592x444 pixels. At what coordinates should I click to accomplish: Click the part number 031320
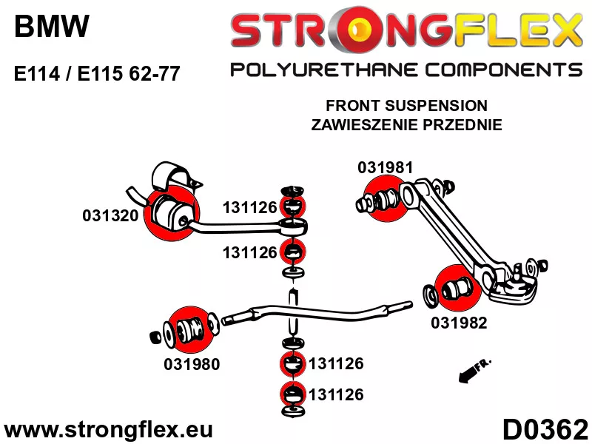pos(110,215)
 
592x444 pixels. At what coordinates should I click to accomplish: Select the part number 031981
pos(386,168)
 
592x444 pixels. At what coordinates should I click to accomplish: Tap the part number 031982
pos(459,323)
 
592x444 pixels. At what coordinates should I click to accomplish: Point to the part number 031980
pos(192,364)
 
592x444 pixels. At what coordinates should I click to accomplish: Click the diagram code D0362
pos(545,430)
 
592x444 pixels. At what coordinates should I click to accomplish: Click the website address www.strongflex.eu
pos(108,430)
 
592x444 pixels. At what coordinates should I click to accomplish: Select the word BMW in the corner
pos(52,26)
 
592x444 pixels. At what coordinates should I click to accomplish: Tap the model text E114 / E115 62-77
pos(97,73)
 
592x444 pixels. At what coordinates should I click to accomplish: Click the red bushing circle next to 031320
pos(172,213)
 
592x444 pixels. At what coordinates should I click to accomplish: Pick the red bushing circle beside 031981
pos(386,200)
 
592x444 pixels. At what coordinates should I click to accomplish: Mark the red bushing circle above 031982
pos(458,289)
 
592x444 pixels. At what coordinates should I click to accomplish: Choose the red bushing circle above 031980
pos(191,329)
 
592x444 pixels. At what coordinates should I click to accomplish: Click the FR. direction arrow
pos(474,371)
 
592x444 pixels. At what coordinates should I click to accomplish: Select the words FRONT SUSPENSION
pos(406,106)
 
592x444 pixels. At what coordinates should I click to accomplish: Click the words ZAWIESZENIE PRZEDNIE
pos(406,124)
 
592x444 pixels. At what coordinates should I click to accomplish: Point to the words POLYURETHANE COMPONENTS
pos(406,70)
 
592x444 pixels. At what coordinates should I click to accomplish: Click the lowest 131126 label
pos(336,394)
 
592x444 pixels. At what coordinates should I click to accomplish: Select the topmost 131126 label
pos(250,207)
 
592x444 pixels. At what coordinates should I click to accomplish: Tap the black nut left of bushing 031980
pos(155,337)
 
